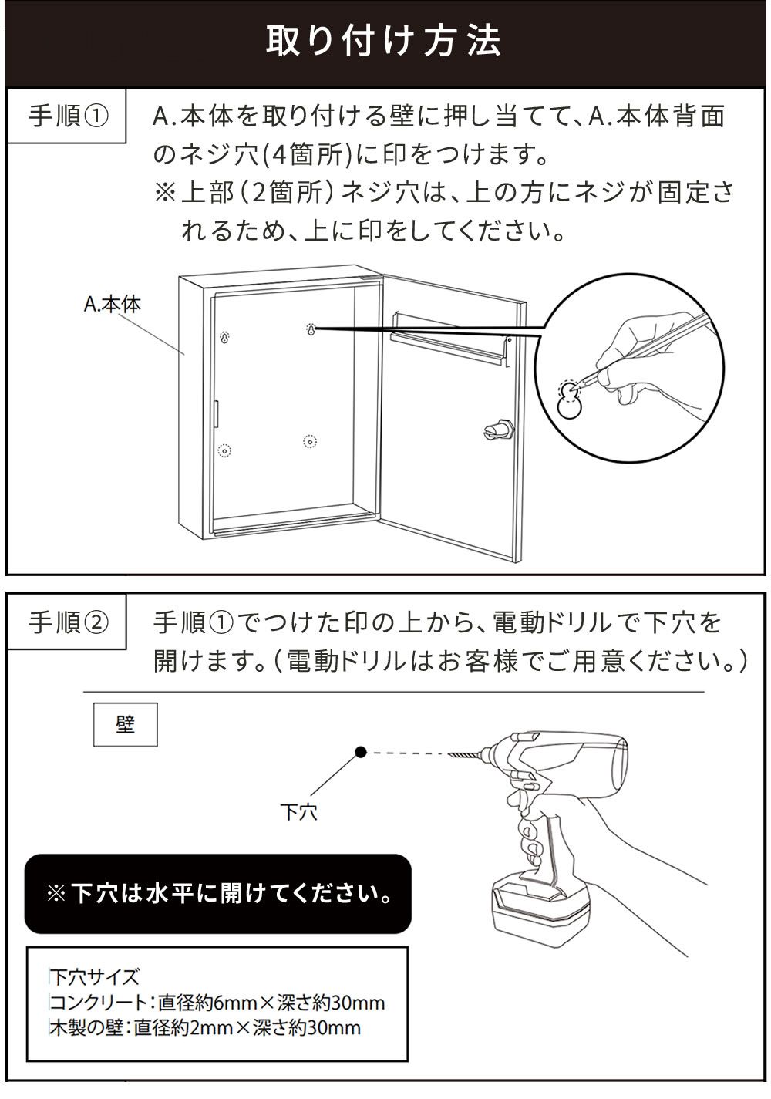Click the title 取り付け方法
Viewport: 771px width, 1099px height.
(384, 41)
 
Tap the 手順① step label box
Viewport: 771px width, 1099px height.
(67, 117)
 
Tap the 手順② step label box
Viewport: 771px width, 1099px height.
(67, 622)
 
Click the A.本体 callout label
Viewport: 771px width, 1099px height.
(113, 304)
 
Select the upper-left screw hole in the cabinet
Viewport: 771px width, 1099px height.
(224, 337)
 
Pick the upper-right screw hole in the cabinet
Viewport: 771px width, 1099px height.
(311, 330)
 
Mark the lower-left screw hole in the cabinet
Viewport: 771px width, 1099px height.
(224, 450)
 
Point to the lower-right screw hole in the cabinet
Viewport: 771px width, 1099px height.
(310, 442)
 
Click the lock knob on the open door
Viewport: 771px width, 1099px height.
(497, 430)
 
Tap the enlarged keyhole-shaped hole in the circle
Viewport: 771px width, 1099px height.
(570, 400)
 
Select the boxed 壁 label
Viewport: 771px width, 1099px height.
(125, 724)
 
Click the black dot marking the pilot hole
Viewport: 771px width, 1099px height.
(360, 752)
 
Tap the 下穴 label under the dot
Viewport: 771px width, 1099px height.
(298, 811)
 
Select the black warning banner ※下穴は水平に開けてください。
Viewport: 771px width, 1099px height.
(218, 894)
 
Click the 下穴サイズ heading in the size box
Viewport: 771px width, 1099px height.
(94, 977)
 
